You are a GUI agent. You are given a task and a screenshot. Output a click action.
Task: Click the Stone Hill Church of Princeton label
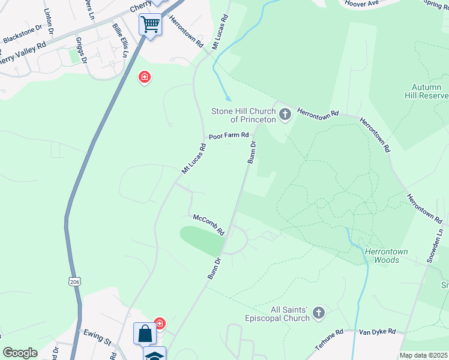coord(243,115)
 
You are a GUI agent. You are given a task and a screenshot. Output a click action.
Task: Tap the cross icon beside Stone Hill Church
coord(285,113)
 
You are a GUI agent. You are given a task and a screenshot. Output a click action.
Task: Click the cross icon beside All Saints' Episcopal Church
coord(319,312)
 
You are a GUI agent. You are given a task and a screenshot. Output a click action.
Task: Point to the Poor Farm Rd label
coord(228,136)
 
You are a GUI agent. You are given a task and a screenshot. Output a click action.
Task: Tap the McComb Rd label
coord(208,224)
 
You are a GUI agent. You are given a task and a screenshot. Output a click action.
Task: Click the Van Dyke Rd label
coord(378,331)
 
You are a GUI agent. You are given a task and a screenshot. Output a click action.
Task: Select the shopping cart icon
coord(150,25)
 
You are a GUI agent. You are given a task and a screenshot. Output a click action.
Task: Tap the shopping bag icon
coord(146,333)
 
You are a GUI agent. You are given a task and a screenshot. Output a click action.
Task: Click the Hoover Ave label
coord(361,4)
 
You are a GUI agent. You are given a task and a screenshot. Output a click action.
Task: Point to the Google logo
coord(20,353)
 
